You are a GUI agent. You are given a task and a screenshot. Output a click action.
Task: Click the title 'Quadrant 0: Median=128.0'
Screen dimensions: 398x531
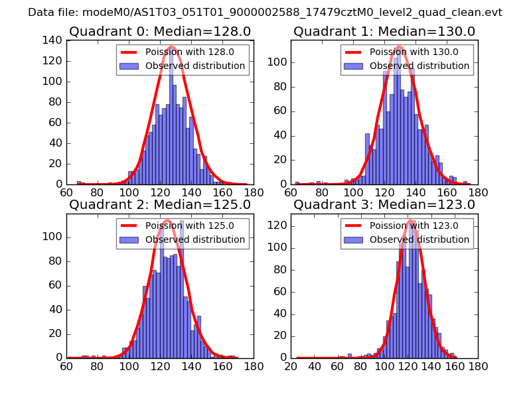point(160,31)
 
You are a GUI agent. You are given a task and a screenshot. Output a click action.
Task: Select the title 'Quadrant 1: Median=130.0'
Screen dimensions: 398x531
point(384,31)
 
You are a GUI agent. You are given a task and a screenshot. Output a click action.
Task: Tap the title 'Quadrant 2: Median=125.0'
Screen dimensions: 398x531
point(160,204)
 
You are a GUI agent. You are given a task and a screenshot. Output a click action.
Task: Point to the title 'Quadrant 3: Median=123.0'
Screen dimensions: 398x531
point(384,204)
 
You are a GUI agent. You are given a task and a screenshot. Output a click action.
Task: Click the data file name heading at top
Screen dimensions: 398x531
point(265,12)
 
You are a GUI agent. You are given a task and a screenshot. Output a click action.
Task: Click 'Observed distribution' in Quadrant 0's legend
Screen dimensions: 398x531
point(195,66)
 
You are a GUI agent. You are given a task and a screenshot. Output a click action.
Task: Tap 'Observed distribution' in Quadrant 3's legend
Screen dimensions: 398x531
point(419,239)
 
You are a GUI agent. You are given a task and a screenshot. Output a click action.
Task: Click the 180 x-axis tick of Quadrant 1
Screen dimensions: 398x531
point(478,192)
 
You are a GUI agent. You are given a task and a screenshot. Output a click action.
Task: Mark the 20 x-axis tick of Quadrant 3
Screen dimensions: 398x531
point(291,366)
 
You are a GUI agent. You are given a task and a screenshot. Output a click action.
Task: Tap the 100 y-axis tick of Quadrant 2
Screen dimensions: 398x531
point(54,237)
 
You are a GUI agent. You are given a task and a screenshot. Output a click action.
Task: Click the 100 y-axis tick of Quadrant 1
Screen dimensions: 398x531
point(278,62)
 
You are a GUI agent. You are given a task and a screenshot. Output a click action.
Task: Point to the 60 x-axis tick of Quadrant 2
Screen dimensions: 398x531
point(66,366)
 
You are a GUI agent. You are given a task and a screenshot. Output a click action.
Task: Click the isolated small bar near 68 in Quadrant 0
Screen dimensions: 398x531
point(79,182)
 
